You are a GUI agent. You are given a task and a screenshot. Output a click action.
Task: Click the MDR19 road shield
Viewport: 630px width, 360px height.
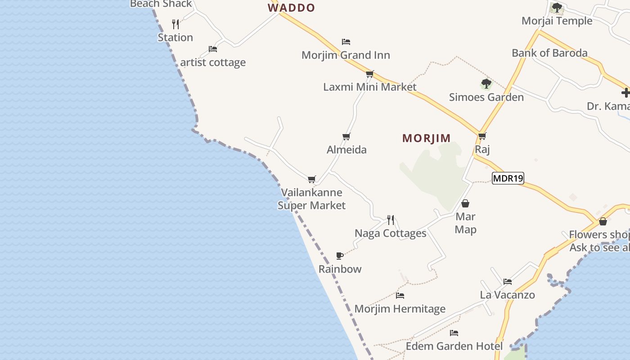click(x=508, y=178)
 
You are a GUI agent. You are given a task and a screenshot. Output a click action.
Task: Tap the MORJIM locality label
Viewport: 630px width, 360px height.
click(x=426, y=138)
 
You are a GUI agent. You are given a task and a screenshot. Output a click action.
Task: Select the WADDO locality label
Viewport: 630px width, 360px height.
click(x=291, y=8)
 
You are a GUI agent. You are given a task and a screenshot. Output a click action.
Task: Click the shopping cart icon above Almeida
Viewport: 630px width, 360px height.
click(x=346, y=136)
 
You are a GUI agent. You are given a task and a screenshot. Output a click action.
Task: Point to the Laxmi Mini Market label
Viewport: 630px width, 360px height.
click(x=370, y=87)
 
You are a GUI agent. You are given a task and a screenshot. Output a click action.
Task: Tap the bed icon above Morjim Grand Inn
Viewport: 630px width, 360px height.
click(x=346, y=42)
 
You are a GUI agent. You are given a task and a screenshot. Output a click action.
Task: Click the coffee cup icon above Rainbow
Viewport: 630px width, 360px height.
click(x=340, y=256)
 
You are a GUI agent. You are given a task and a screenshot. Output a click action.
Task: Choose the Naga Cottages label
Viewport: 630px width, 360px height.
click(x=390, y=233)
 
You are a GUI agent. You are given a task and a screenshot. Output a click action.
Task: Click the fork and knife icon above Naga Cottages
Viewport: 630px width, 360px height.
click(x=390, y=220)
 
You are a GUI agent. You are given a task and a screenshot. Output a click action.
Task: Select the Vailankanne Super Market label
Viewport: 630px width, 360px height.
click(x=311, y=199)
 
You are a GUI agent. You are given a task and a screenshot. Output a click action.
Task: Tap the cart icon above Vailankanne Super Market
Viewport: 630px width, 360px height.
click(x=311, y=179)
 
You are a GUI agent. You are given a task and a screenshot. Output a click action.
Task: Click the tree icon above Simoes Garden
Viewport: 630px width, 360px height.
click(x=486, y=84)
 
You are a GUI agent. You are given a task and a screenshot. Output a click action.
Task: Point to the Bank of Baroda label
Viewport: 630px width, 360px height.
click(x=549, y=53)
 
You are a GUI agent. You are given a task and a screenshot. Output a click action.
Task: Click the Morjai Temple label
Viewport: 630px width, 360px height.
click(x=557, y=21)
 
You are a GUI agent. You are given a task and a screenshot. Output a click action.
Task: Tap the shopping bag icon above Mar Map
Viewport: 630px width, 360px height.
click(x=465, y=203)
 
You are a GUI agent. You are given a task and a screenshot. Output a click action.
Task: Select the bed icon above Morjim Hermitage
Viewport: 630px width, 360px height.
click(x=400, y=296)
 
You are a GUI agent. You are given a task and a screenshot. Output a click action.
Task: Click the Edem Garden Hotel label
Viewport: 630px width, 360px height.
click(x=454, y=346)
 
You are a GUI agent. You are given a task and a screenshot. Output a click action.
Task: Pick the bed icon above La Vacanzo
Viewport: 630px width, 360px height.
click(x=507, y=282)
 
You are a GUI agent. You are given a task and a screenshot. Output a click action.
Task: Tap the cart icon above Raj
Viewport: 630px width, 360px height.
click(x=482, y=136)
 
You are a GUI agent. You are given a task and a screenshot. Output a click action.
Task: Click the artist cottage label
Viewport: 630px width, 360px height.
click(x=213, y=62)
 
